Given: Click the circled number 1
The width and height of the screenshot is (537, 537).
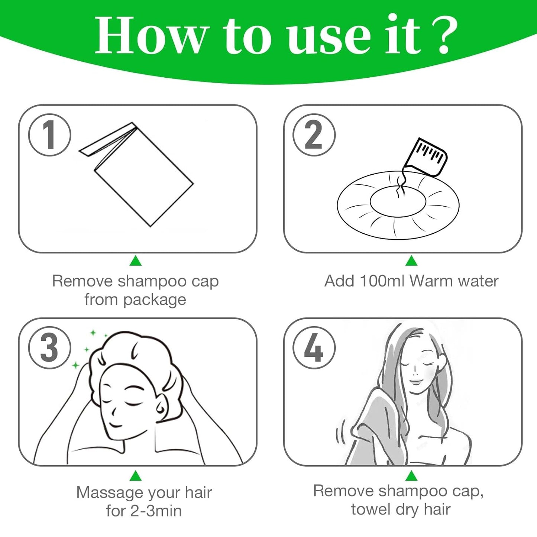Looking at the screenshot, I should click(x=49, y=135).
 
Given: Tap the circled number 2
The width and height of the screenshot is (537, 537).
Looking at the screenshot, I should click(x=314, y=135).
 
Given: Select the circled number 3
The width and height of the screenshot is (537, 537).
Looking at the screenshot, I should click(x=49, y=348).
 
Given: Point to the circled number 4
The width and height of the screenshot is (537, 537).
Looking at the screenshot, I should click(x=314, y=348).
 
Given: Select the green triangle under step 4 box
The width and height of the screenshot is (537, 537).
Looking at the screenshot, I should click(x=411, y=476).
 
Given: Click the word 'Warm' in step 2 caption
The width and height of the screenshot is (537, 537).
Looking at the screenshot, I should click(x=432, y=281).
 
